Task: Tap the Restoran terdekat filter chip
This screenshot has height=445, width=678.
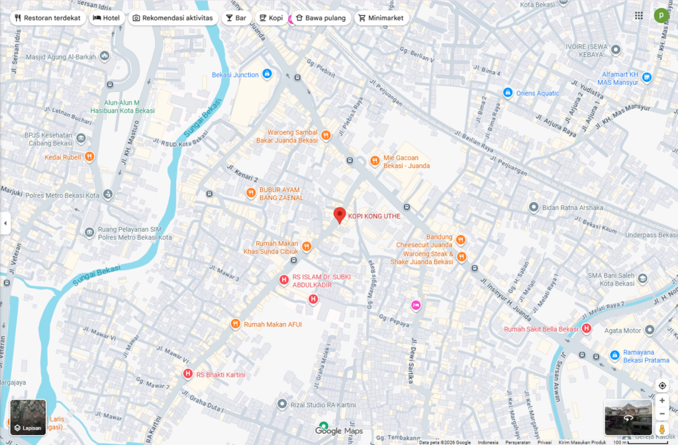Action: pyautogui.click(x=47, y=18)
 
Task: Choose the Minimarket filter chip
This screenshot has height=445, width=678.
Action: pyautogui.click(x=381, y=18)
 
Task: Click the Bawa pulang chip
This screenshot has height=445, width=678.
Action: pyautogui.click(x=320, y=18)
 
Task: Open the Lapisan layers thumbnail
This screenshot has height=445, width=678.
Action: pyautogui.click(x=28, y=417)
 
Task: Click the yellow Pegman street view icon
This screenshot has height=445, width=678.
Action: pyautogui.click(x=661, y=430)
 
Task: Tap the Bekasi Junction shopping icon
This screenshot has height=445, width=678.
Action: pyautogui.click(x=267, y=74)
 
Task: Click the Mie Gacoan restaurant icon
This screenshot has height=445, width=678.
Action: pyautogui.click(x=375, y=160)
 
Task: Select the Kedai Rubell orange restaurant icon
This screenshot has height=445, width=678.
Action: pyautogui.click(x=89, y=157)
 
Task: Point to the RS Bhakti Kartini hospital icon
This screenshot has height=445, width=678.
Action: pyautogui.click(x=187, y=374)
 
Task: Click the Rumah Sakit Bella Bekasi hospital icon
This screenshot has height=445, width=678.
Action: pyautogui.click(x=586, y=329)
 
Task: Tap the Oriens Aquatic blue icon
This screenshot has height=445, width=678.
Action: pyautogui.click(x=508, y=93)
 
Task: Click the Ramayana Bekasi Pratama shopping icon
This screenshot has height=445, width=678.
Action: pyautogui.click(x=614, y=355)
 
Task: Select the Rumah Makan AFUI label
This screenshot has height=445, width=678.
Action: pyautogui.click(x=272, y=324)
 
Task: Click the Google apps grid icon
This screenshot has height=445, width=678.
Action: pyautogui.click(x=638, y=16)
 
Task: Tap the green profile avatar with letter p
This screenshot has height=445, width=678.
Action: pyautogui.click(x=661, y=15)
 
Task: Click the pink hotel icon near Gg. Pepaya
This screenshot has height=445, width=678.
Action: pyautogui.click(x=416, y=305)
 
